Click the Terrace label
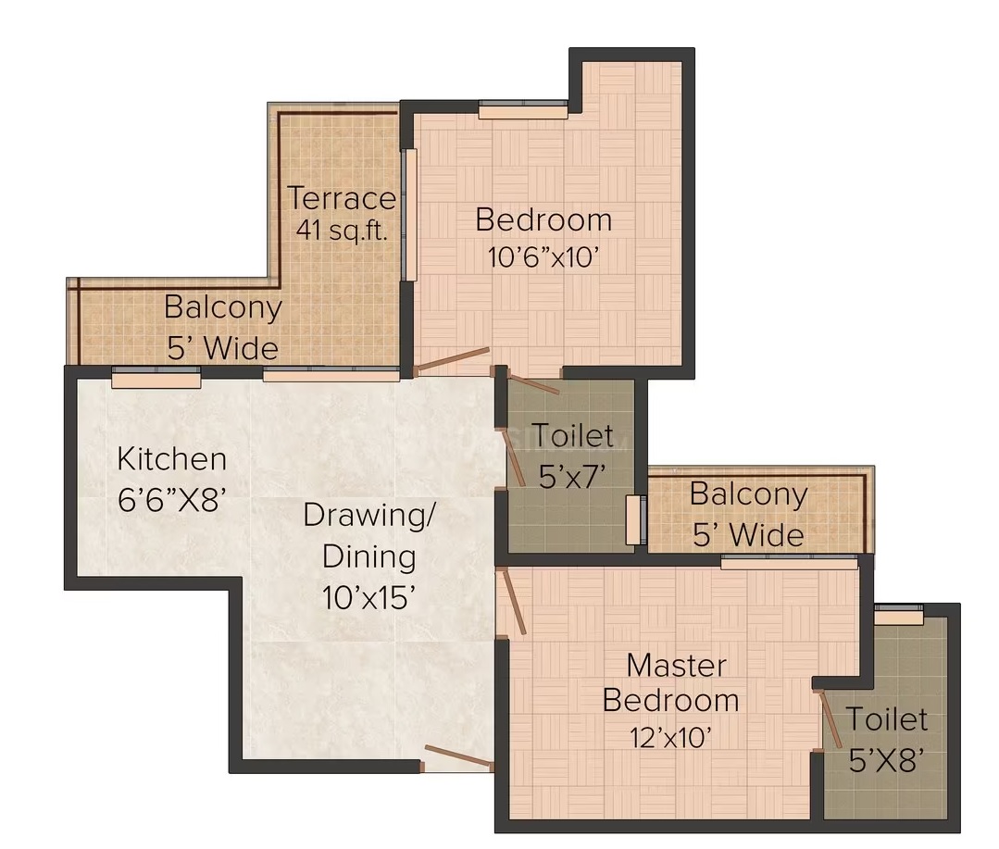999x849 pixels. point(343,198)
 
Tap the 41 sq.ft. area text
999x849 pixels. point(342,230)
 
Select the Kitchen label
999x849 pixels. point(172,459)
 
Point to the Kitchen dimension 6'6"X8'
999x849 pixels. point(172,499)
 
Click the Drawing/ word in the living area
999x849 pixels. point(369,516)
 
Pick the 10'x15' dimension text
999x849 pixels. point(368,598)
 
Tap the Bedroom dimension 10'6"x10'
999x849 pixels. point(543,258)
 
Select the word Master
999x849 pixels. point(676,667)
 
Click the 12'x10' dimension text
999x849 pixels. point(670,738)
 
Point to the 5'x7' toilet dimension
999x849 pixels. point(571,477)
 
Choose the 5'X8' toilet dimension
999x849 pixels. point(886,760)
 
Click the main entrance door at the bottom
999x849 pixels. point(457,758)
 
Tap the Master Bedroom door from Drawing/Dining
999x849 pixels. point(514,602)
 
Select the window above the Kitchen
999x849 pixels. point(156,378)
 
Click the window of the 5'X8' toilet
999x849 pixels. point(898,616)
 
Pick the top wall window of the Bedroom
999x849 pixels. point(523,110)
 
